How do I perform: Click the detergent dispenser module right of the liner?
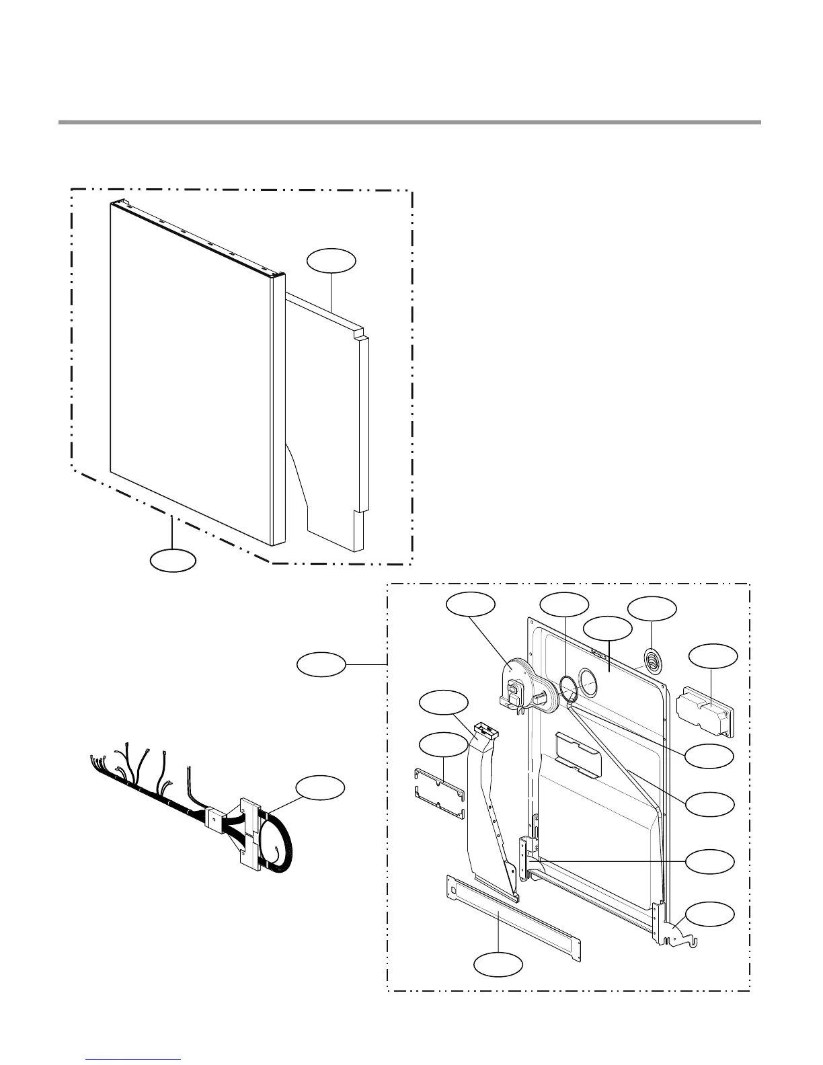point(703,712)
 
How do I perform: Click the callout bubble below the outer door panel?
point(173,560)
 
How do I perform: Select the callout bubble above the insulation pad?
point(331,261)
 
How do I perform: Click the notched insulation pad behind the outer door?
point(329,417)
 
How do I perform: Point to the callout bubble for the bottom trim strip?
point(498,965)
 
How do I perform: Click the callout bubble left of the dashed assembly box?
point(321,666)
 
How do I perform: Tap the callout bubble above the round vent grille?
point(652,608)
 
